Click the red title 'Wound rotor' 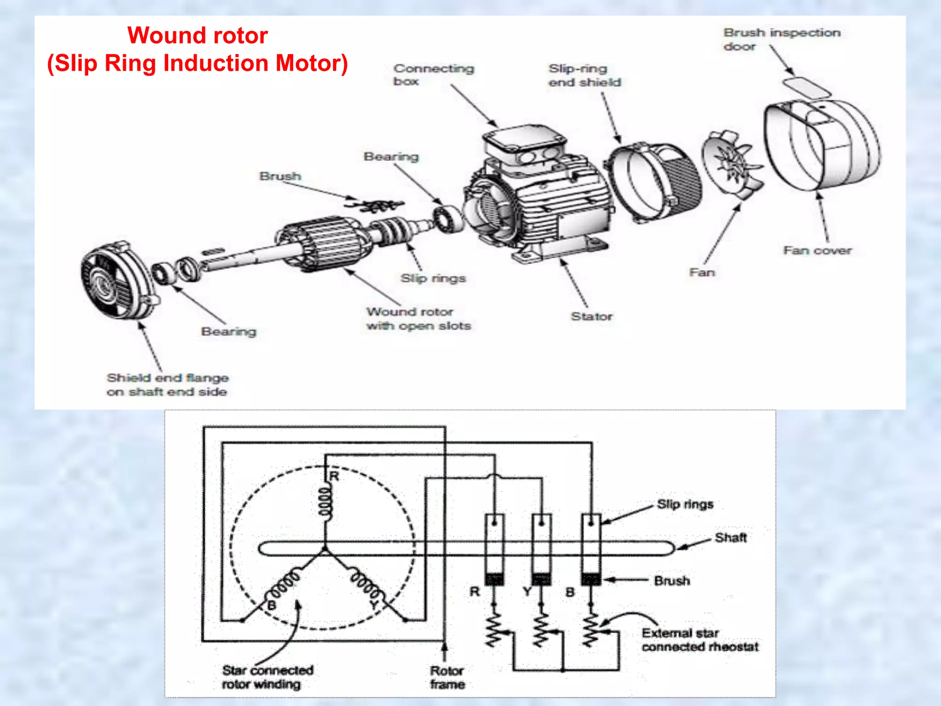(198, 35)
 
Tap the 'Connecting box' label (433, 74)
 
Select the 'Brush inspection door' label (782, 39)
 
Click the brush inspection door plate (806, 87)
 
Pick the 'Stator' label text (591, 316)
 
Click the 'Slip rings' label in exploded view (433, 278)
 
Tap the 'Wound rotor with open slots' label (418, 319)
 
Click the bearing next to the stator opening (448, 219)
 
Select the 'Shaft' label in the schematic (731, 537)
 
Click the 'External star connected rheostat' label (700, 640)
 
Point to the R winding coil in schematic (325, 504)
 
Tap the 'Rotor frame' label (447, 677)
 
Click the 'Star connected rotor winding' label (267, 677)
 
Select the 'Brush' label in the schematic (672, 581)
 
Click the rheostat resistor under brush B (591, 630)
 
